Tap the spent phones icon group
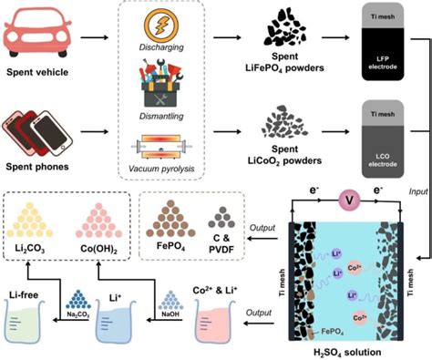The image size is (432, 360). point(37,126)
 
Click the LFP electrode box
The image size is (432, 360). point(375,46)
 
